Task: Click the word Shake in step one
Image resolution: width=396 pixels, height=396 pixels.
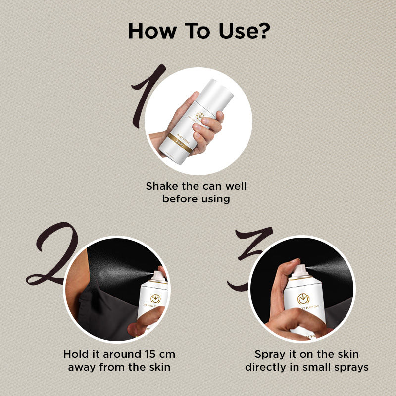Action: click(x=161, y=187)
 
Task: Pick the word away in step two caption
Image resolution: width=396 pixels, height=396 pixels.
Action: click(x=85, y=367)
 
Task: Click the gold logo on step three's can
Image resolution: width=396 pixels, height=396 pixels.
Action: click(x=303, y=299)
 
